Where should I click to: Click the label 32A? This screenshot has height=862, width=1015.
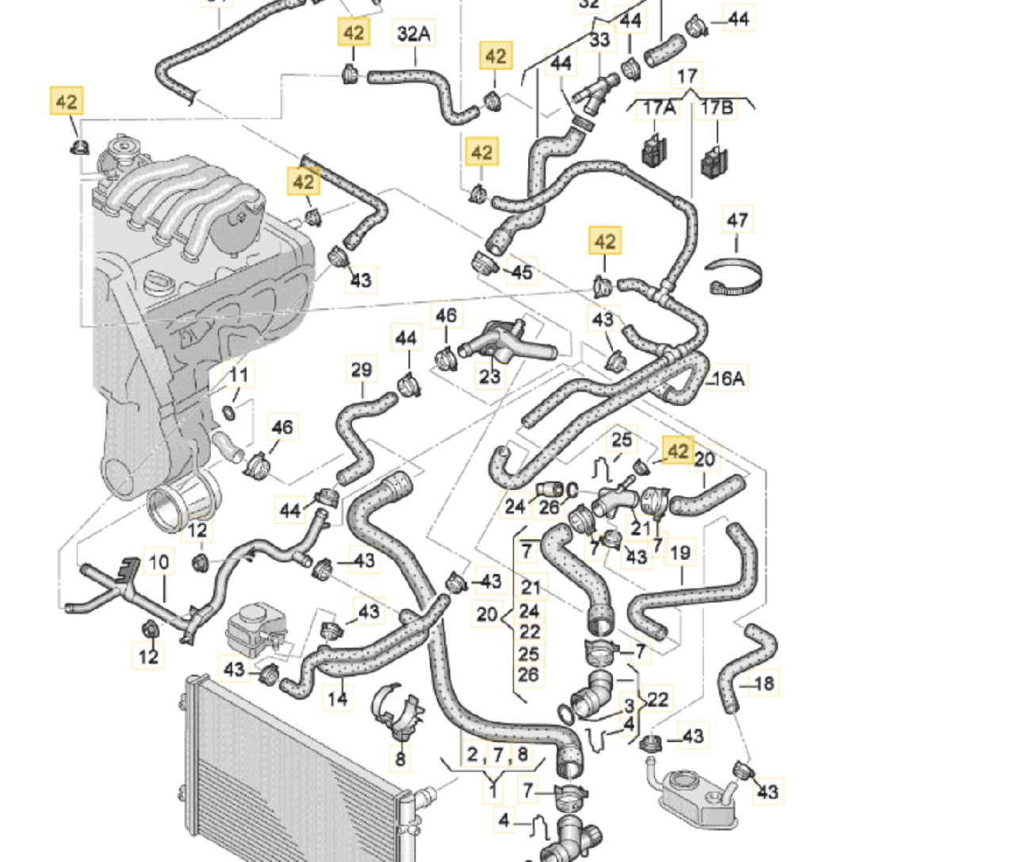[x=413, y=34]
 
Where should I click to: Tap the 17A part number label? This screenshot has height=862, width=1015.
[x=658, y=108]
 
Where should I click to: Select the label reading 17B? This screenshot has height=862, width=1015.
[x=717, y=108]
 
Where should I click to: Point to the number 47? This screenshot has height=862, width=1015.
[x=737, y=220]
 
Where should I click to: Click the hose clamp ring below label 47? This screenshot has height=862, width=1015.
[x=736, y=277]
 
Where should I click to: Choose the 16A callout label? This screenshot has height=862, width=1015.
[x=728, y=379]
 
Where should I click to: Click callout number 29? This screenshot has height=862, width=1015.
[x=361, y=370]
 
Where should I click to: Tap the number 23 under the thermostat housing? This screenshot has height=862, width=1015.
[x=490, y=374]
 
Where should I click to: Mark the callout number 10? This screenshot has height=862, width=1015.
[x=159, y=562]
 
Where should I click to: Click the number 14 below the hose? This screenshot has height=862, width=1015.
[x=338, y=699]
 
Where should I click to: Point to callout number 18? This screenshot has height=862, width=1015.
[x=764, y=684]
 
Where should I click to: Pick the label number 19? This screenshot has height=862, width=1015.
[x=680, y=553]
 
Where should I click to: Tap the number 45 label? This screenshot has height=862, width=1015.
[x=521, y=272]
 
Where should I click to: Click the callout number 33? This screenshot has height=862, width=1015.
[x=600, y=39]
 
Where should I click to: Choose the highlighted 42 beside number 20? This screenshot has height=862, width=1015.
[x=677, y=451]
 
